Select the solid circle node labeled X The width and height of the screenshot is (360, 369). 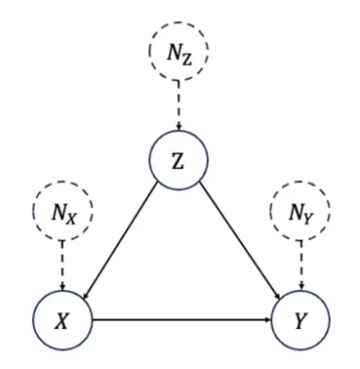[x=60, y=319]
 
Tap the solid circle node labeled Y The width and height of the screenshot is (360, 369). [x=300, y=319]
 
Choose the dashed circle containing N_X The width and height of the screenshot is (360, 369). [x=60, y=211]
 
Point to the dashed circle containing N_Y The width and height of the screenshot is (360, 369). [x=300, y=211]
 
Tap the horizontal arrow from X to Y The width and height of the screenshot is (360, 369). [x=180, y=319]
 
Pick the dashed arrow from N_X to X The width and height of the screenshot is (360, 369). [x=60, y=264]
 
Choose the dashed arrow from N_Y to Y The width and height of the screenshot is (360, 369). [x=300, y=264]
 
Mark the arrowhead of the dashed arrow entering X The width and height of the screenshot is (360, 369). [x=60, y=286]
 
